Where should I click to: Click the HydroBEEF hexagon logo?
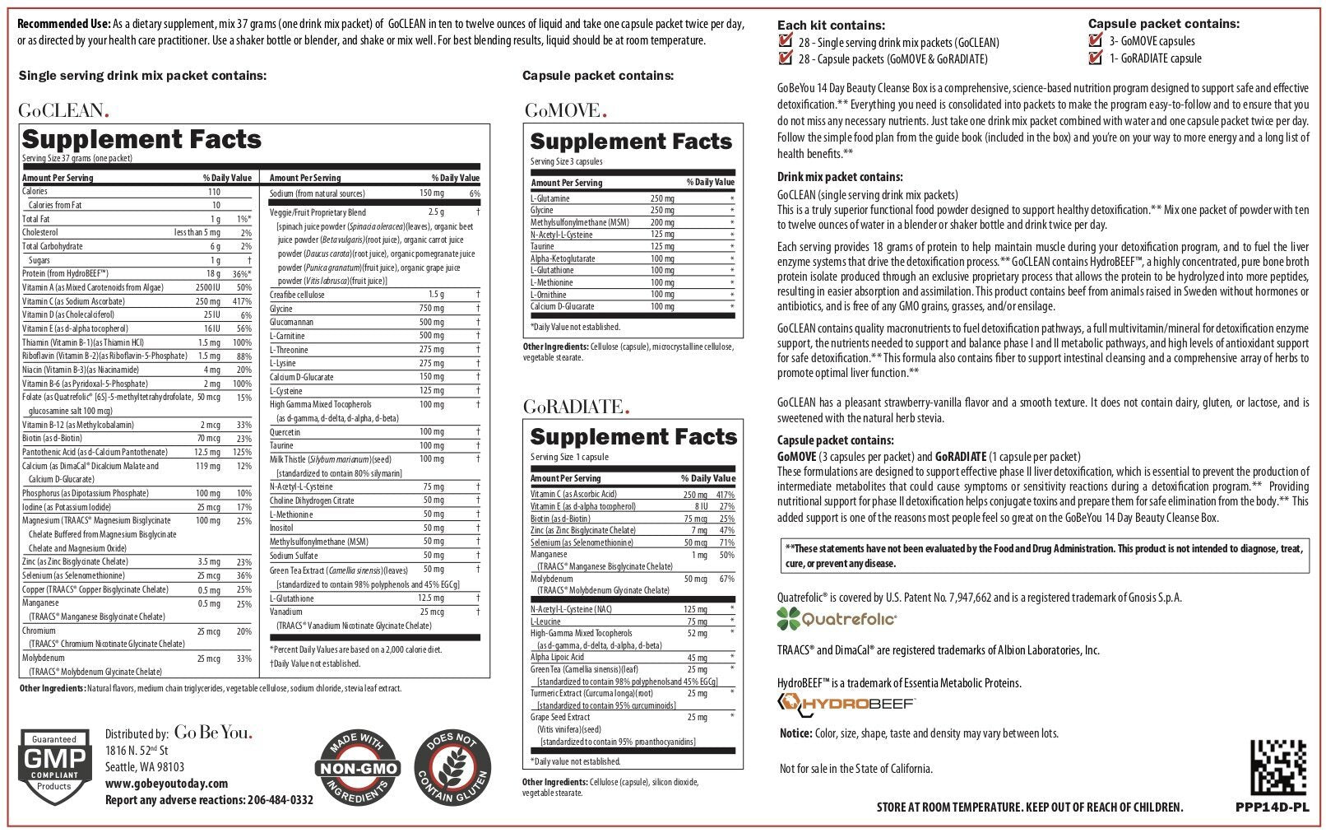[791, 702]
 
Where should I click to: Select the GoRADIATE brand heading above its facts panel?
[577, 406]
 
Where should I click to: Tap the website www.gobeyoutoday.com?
[166, 784]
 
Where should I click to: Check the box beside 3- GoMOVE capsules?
[1095, 40]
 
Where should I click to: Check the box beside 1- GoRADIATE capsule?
[1095, 58]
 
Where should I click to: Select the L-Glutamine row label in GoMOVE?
[550, 198]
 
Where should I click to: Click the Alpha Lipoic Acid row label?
[557, 657]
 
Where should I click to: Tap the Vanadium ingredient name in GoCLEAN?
[286, 612]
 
